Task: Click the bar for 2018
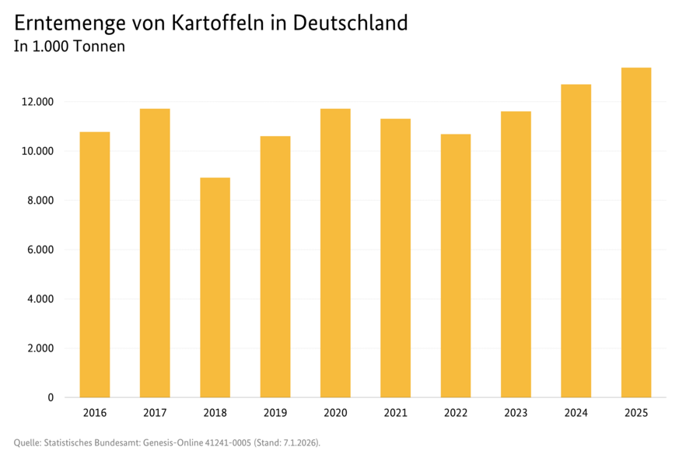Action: coord(215,288)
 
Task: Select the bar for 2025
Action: coord(635,232)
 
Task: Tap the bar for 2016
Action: coord(94,264)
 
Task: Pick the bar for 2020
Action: coord(335,253)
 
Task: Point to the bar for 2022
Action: coord(456,266)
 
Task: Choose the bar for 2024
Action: coord(576,241)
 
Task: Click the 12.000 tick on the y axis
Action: coord(38,102)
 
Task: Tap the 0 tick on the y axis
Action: coord(51,397)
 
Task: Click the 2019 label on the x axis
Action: coord(275,413)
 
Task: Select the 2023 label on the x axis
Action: coord(516,413)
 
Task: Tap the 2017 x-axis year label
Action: coord(155,413)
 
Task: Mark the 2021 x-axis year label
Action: coord(395,413)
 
